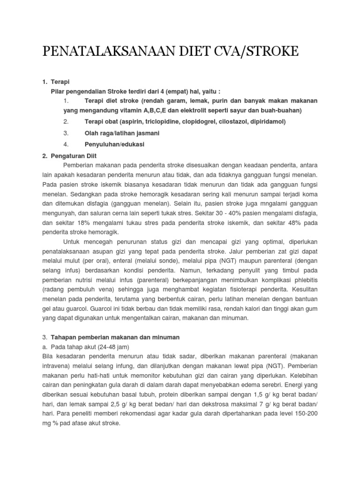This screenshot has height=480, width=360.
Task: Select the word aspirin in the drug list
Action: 135,121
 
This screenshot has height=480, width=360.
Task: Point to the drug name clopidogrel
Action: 201,121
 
